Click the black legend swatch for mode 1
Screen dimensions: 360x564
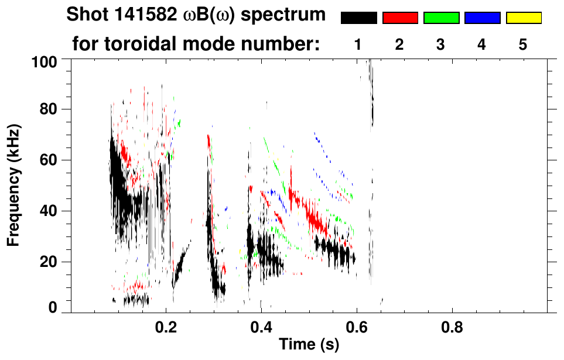point(358,18)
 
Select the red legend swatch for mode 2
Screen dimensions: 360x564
point(400,18)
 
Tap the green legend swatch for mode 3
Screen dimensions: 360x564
point(441,18)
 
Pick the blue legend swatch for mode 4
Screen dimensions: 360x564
point(482,18)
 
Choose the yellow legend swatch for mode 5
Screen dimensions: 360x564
point(523,18)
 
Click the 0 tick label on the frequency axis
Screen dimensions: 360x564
point(53,307)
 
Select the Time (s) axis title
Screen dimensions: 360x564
point(308,345)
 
